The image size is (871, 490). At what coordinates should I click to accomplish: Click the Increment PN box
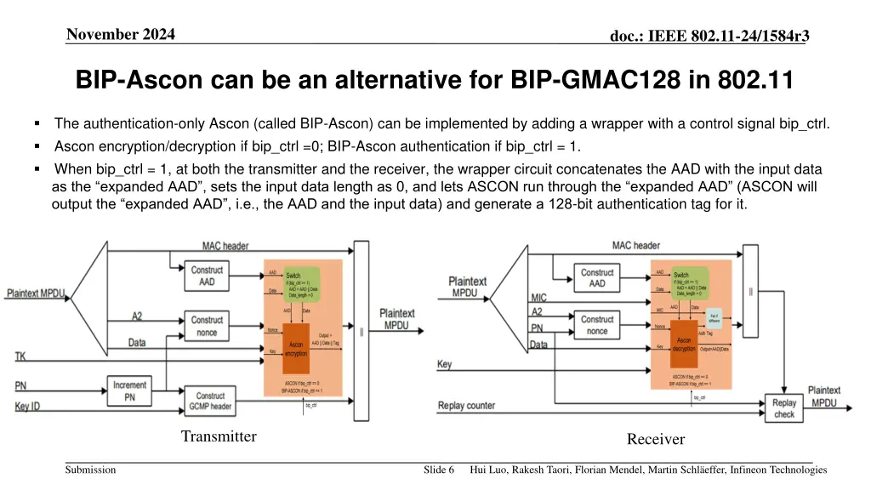pyautogui.click(x=130, y=390)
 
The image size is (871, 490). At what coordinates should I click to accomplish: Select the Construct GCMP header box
pyautogui.click(x=210, y=401)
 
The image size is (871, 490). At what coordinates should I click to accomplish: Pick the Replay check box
pyautogui.click(x=784, y=408)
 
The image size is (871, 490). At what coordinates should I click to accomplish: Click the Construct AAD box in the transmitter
pyautogui.click(x=207, y=276)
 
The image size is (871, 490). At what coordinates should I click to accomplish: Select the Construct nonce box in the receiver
pyautogui.click(x=597, y=324)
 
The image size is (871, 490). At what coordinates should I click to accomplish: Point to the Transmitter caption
pyautogui.click(x=219, y=436)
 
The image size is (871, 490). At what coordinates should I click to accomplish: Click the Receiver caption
pyautogui.click(x=656, y=439)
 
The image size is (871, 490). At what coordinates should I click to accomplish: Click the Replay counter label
pyautogui.click(x=466, y=405)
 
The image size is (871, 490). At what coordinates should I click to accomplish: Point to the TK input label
pyautogui.click(x=20, y=356)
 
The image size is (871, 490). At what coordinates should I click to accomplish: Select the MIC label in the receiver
pyautogui.click(x=539, y=297)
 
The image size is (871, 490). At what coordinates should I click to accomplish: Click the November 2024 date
pyautogui.click(x=121, y=34)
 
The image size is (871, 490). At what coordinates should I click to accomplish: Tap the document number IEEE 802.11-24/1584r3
pyautogui.click(x=709, y=35)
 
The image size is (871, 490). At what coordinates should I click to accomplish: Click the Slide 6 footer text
pyautogui.click(x=439, y=470)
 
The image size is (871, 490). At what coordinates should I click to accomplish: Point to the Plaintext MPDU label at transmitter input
pyautogui.click(x=37, y=293)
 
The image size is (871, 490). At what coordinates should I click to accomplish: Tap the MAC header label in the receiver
pyautogui.click(x=635, y=245)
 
